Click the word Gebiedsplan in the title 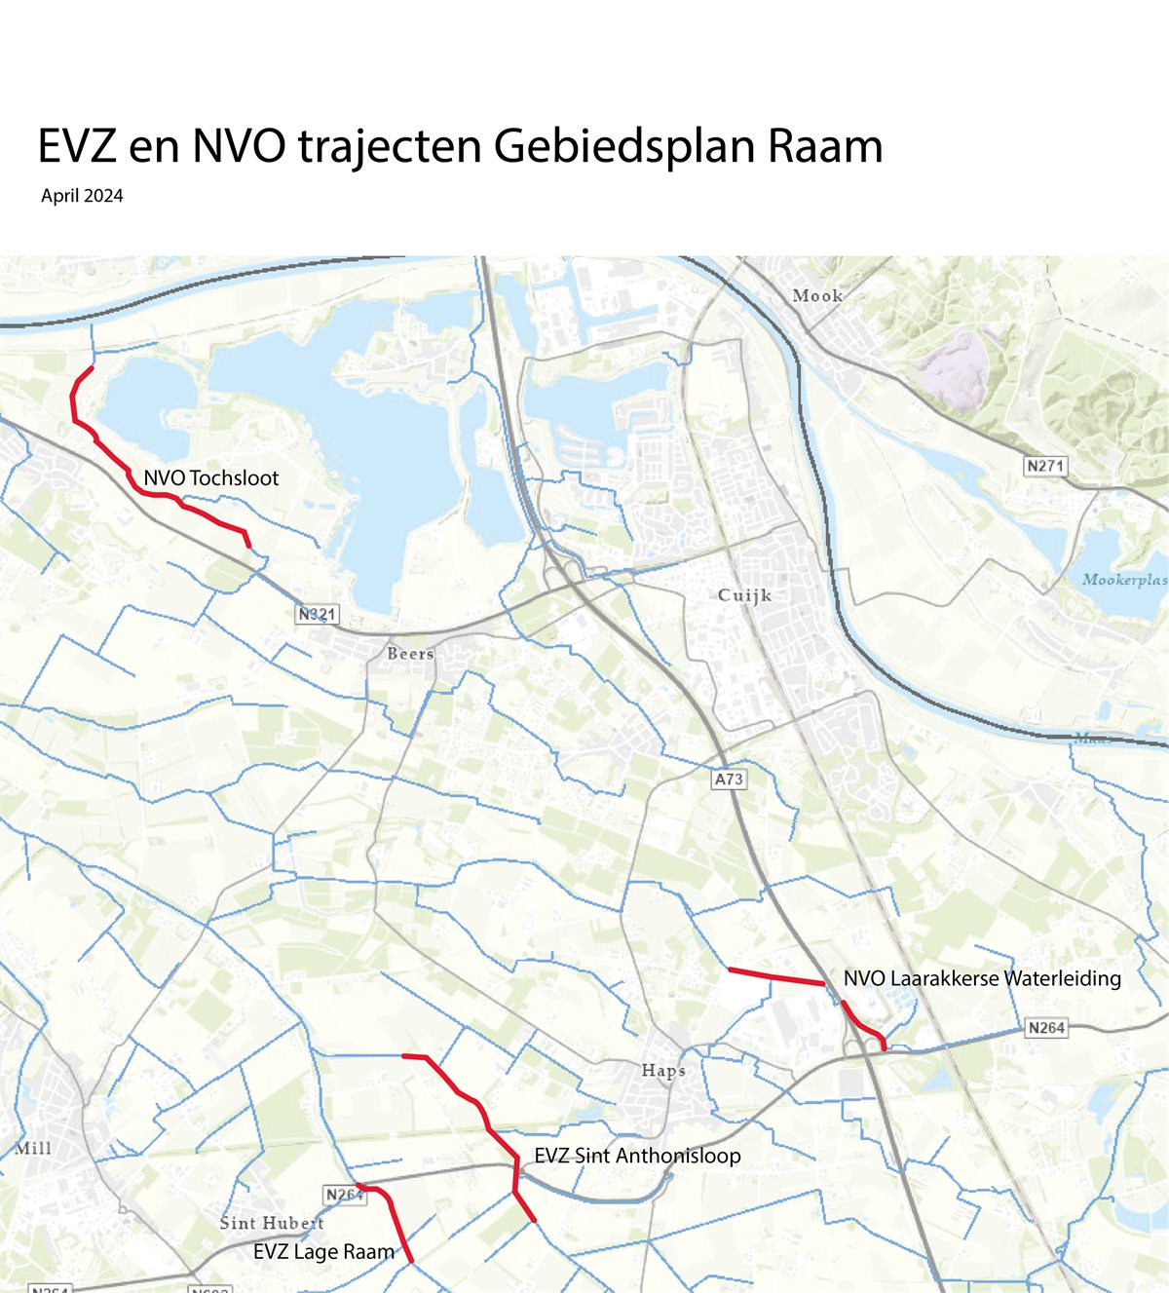tap(624, 147)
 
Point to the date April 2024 tap(82, 196)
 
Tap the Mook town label tap(816, 295)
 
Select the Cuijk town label tap(744, 594)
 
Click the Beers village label tap(410, 654)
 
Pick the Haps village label tap(662, 1070)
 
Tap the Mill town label tap(33, 1148)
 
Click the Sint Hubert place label tap(271, 1223)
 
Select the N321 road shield tap(317, 615)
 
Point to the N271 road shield tap(1044, 466)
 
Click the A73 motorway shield tap(729, 779)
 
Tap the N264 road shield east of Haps tap(1046, 1027)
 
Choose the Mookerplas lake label tap(1124, 580)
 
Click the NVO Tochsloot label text tap(210, 478)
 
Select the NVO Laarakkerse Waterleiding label tap(982, 978)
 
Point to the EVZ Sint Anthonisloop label tap(637, 1156)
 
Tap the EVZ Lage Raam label tap(323, 1252)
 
